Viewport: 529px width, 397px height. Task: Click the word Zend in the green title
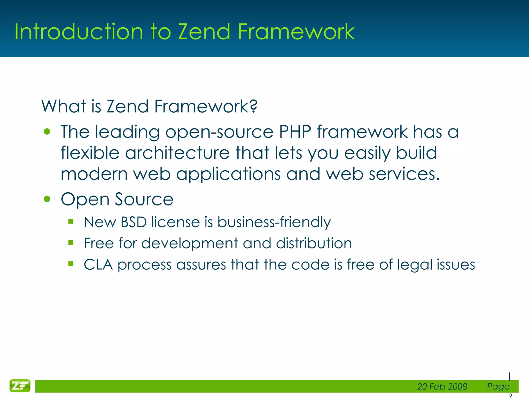tap(204, 32)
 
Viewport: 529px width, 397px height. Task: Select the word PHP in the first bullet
tap(295, 132)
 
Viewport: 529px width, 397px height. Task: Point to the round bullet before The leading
tap(47, 132)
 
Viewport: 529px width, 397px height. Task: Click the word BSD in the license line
tap(134, 222)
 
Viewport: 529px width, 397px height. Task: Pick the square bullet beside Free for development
tap(71, 242)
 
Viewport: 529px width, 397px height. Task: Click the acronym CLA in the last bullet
tap(98, 265)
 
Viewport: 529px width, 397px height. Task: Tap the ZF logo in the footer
tap(20, 386)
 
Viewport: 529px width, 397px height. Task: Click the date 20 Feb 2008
tap(442, 386)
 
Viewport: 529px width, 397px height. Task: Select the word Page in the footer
tap(498, 386)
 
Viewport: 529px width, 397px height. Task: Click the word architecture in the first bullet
tap(177, 153)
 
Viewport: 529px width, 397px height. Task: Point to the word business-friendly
tap(274, 222)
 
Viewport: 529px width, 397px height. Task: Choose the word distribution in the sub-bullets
tap(314, 243)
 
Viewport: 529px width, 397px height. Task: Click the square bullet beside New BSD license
tap(71, 221)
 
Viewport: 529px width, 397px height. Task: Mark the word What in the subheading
tap(64, 106)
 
